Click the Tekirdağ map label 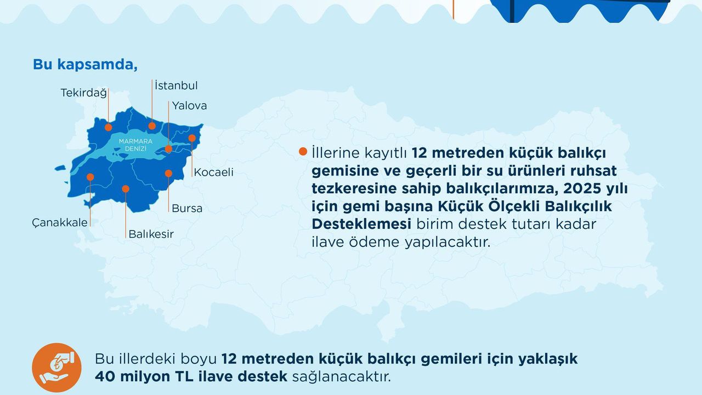tap(83, 93)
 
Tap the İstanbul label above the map tap(176, 86)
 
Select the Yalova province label tap(189, 105)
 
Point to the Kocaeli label tap(214, 172)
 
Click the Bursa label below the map tap(187, 208)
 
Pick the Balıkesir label tap(151, 234)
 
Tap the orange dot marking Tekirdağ tap(109, 127)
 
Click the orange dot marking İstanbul tap(152, 126)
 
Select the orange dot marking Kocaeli tap(192, 138)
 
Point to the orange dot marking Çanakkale tap(90, 177)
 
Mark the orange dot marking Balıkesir tap(126, 189)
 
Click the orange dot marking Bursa tap(168, 173)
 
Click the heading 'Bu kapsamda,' tap(85, 64)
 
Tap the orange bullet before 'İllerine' tap(303, 151)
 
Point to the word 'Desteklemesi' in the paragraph tap(361, 224)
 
